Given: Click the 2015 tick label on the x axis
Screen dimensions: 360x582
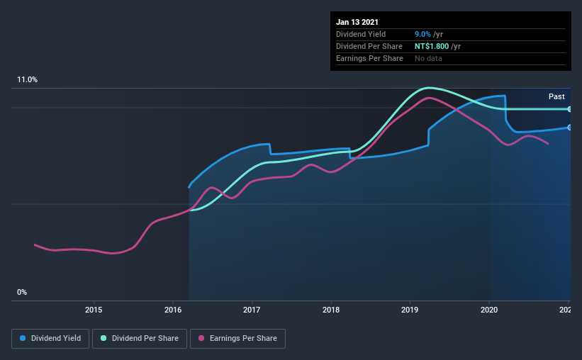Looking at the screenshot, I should tap(94, 310).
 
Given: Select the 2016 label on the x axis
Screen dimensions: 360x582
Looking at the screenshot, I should tap(173, 310).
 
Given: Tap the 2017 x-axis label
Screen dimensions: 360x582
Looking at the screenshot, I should tap(252, 310).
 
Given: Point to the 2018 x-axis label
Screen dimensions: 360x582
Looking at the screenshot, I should tap(331, 310).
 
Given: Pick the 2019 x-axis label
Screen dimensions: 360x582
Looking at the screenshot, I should tap(410, 310).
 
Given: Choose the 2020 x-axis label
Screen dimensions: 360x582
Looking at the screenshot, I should tap(489, 310).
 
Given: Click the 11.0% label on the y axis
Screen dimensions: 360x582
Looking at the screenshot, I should tap(27, 80).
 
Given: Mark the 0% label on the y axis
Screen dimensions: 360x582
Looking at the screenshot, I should tap(21, 292).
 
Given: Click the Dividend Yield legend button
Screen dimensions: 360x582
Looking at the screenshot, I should tap(50, 339).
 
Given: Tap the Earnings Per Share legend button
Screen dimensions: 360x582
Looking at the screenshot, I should tap(237, 339).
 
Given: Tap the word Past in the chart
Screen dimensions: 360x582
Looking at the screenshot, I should tap(556, 96).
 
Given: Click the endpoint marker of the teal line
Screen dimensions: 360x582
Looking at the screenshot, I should tap(569, 109).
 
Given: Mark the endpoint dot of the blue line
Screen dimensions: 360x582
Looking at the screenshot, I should tap(569, 128).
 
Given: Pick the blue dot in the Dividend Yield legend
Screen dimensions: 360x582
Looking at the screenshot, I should tap(23, 339).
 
